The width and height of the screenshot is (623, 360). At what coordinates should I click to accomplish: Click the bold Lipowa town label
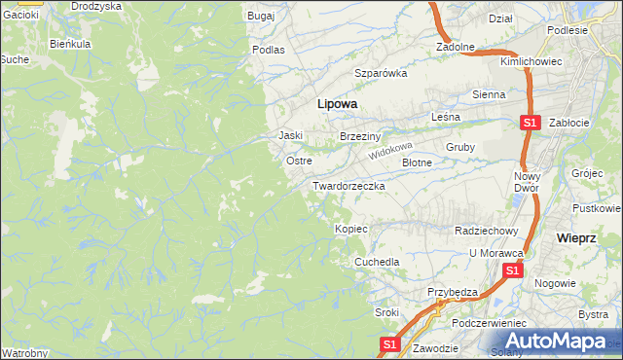337,103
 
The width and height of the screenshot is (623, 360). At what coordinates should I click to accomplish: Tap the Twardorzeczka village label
349,185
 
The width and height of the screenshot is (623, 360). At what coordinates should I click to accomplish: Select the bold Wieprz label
575,237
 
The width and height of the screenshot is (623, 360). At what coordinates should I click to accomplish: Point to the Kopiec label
350,229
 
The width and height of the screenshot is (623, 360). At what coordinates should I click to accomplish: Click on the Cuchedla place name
377,263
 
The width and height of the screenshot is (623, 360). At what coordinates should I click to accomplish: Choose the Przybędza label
452,292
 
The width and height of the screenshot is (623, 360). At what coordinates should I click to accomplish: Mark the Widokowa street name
391,153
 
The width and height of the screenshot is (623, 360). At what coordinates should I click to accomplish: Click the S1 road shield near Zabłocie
530,123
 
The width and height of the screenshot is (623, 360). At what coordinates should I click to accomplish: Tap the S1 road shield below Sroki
389,344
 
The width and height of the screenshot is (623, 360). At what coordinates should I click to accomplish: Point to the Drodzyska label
96,6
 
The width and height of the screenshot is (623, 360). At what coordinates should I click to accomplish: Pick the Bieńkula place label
70,44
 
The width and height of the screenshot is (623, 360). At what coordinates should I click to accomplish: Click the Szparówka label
380,73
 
